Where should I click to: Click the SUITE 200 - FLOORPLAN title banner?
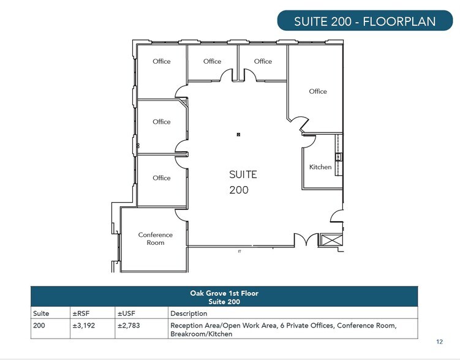pos(364,21)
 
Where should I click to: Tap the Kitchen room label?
pos(320,167)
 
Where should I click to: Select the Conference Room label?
pos(156,239)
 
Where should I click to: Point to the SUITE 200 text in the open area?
pos(243,182)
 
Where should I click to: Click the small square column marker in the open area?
pos(239,134)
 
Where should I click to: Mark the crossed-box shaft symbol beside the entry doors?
pos(332,240)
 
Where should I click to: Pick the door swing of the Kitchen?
pos(308,141)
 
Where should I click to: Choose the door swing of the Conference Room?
pos(182,214)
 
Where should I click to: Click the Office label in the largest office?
pos(318,91)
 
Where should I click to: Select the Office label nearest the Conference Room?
pos(162,178)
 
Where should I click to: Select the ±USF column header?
pos(125,313)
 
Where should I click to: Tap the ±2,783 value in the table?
pos(128,325)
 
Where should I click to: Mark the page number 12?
pos(439,342)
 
